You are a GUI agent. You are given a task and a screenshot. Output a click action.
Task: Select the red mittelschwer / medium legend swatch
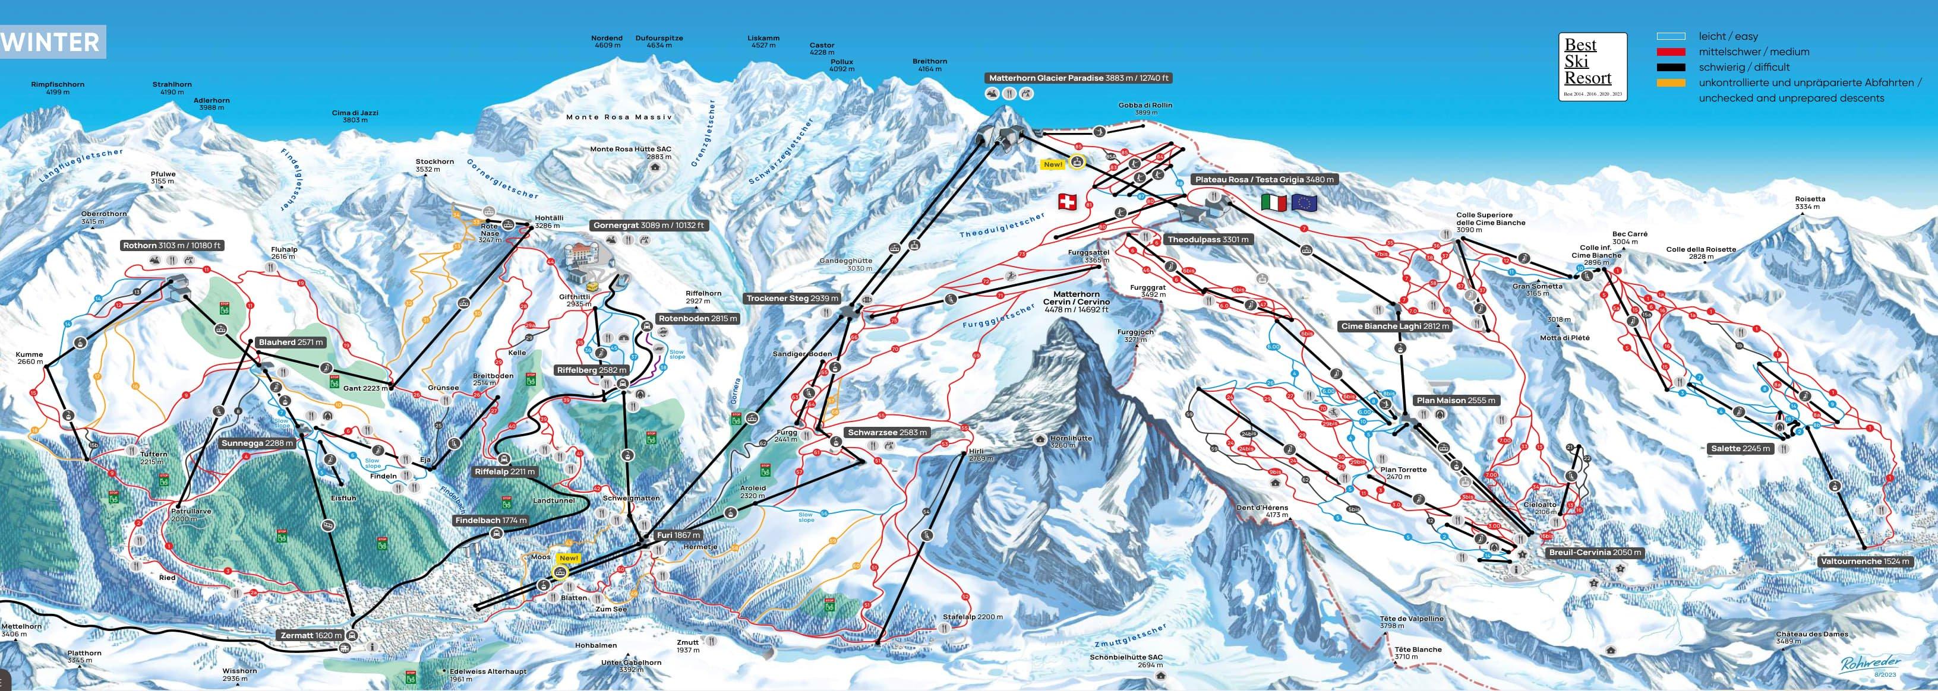[1671, 52]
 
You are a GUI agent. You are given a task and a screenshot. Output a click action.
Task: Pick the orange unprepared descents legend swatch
[1671, 83]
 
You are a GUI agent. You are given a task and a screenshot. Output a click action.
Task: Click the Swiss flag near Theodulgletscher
[1067, 201]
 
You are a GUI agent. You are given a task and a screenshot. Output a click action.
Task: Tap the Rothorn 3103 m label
[172, 246]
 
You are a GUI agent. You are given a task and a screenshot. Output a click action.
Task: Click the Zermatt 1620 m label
[311, 635]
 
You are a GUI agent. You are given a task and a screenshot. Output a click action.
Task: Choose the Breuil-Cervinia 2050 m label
[1593, 553]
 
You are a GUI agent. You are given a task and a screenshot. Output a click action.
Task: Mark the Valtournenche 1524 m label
[1864, 562]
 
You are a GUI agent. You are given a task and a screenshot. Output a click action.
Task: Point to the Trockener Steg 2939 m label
[791, 299]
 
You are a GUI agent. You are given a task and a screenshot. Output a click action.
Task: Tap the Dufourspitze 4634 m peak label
[659, 42]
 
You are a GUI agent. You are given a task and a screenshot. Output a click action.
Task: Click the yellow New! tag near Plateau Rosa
[1053, 164]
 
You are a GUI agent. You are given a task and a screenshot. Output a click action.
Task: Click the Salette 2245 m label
[1740, 449]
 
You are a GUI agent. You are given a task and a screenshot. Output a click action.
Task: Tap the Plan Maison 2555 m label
[1455, 401]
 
